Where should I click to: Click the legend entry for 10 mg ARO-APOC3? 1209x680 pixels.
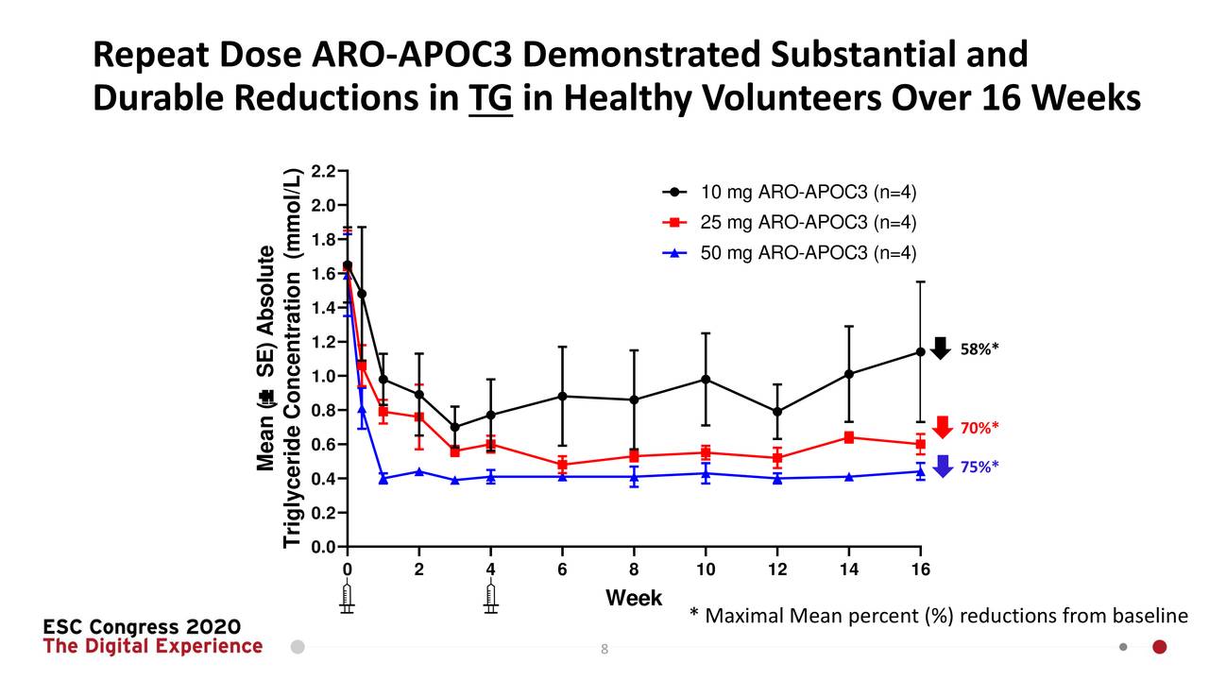pos(789,193)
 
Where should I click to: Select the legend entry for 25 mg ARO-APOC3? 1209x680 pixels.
pos(789,223)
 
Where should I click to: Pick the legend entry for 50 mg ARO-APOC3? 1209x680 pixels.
pos(789,253)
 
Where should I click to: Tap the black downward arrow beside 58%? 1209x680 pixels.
pos(940,348)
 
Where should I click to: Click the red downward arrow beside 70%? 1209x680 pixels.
pos(942,428)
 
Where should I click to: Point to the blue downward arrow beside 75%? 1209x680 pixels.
pos(942,466)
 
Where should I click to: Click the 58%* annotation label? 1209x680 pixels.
pos(979,348)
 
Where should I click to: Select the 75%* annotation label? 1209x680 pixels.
pos(979,467)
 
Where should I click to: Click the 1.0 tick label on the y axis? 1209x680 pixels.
pos(324,376)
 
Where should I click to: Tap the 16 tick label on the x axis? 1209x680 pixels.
pos(920,569)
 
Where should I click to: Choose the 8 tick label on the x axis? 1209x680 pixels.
pos(634,569)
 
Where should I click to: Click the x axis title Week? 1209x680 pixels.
pos(634,598)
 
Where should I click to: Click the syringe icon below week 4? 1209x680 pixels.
pos(490,599)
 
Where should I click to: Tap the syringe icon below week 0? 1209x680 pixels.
pos(348,599)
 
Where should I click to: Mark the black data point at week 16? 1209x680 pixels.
pos(920,351)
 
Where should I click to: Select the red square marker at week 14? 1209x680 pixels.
pos(848,437)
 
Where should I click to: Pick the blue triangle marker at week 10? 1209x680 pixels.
pos(706,473)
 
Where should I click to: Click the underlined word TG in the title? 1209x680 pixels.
pos(490,97)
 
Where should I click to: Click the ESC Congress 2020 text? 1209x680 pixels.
pos(142,627)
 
